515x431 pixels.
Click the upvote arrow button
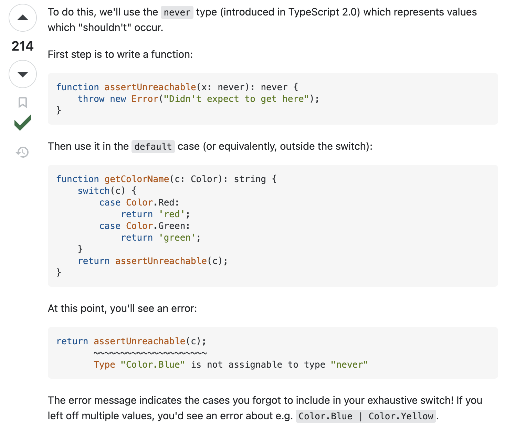point(23,18)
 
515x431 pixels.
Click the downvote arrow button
point(23,74)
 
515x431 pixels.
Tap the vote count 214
point(23,46)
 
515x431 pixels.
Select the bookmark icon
point(23,102)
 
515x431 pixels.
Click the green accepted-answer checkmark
point(23,123)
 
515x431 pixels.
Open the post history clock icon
point(23,152)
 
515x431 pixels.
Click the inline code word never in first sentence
point(177,13)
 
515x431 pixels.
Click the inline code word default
point(153,147)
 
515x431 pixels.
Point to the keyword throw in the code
point(91,99)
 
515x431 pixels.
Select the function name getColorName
point(137,179)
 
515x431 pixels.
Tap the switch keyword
point(94,191)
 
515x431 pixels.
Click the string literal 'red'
point(172,214)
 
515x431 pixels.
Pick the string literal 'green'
point(177,238)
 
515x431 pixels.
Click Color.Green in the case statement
point(158,226)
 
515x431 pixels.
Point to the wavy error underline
point(150,353)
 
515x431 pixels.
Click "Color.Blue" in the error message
point(153,365)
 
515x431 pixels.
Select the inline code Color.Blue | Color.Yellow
point(366,416)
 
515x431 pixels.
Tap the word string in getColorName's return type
point(250,179)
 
